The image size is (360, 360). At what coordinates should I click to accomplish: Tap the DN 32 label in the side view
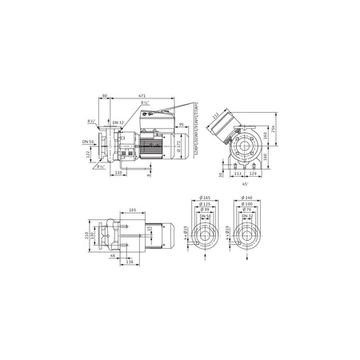click(118, 122)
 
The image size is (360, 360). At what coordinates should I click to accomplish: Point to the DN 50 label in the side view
click(87, 141)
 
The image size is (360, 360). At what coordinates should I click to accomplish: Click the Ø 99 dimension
click(206, 209)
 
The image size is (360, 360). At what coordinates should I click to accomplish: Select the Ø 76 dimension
click(247, 209)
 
